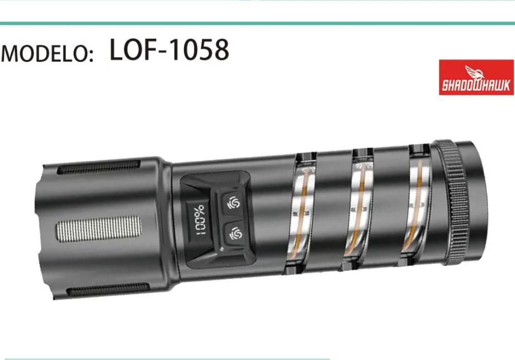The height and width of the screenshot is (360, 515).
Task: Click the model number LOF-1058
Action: pyautogui.click(x=169, y=49)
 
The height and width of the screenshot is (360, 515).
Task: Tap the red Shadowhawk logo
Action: pyautogui.click(x=476, y=77)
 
